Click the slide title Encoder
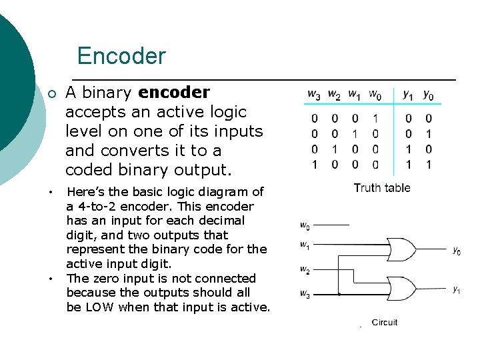tap(121, 55)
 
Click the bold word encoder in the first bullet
tap(173, 93)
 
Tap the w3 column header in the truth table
tap(313, 95)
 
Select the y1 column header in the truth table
tap(408, 95)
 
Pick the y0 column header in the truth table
tap(428, 95)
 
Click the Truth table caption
tap(382, 188)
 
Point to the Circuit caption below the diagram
tap(385, 323)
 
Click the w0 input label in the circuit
tap(304, 226)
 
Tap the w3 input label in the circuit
tap(304, 293)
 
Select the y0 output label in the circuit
tap(457, 251)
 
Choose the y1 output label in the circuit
tap(457, 289)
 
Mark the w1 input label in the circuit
tap(304, 245)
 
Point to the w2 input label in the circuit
tap(304, 271)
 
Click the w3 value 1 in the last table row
tap(314, 164)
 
